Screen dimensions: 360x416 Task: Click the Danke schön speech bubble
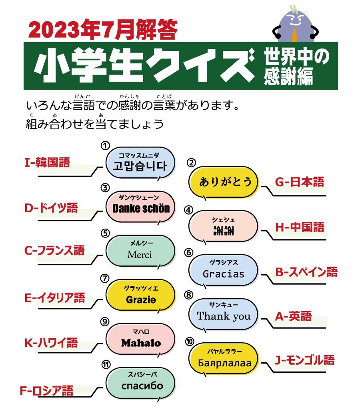tap(140, 207)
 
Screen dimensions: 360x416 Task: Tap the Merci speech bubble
tap(140, 251)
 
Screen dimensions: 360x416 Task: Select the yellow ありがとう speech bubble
tap(224, 182)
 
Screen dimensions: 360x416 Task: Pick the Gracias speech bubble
tap(224, 271)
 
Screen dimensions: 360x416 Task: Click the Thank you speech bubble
tap(224, 315)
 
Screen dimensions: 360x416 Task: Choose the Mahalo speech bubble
tap(140, 340)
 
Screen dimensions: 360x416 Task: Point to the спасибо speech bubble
tap(140, 384)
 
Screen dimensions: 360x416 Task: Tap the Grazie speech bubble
tap(140, 295)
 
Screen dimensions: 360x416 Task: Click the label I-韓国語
tap(47, 163)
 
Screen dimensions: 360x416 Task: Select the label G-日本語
tap(300, 182)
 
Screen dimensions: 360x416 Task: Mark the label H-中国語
tap(300, 227)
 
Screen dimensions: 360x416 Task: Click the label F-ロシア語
tap(47, 391)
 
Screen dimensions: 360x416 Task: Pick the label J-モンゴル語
tap(304, 360)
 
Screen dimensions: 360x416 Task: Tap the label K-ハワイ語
tap(51, 343)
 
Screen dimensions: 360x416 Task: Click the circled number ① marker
tap(105, 145)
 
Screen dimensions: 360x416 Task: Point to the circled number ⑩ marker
tap(190, 342)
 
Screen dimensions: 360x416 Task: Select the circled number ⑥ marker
tap(188, 253)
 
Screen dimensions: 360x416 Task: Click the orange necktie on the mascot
tap(294, 36)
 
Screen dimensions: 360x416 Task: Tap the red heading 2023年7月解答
tap(103, 30)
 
